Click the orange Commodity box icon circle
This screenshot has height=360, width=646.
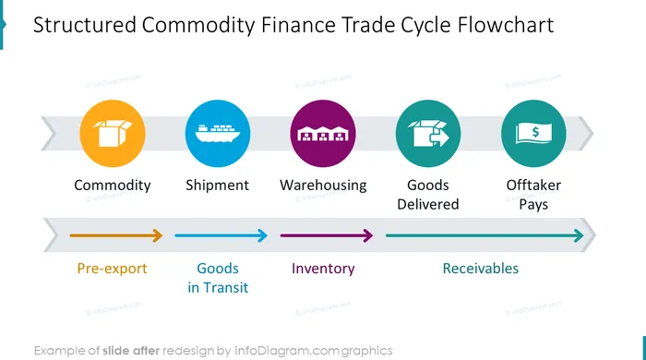point(113,134)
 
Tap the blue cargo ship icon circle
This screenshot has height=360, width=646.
point(218,134)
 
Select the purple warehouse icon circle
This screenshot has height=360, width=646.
point(323,134)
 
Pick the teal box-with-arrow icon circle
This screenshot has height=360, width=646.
point(428,134)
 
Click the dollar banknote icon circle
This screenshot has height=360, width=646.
point(533,134)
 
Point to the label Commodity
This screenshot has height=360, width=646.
point(113,186)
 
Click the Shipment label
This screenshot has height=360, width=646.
point(218,186)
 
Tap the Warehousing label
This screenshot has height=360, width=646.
point(323,186)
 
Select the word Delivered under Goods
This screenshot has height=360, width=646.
point(428,204)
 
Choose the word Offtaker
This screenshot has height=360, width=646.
point(533,185)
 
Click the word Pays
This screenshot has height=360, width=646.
point(533,205)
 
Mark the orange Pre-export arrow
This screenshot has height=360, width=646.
point(116,235)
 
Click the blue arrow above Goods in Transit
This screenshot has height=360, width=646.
point(221,235)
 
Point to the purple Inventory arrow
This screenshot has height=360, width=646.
point(327,235)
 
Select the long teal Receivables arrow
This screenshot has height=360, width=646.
point(484,235)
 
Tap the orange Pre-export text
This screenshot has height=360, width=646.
point(112,269)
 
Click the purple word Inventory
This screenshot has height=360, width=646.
point(323,269)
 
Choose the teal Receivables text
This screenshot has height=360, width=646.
point(481,269)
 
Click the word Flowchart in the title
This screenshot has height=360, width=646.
point(506,25)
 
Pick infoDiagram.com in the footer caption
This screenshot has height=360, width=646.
point(287,351)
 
